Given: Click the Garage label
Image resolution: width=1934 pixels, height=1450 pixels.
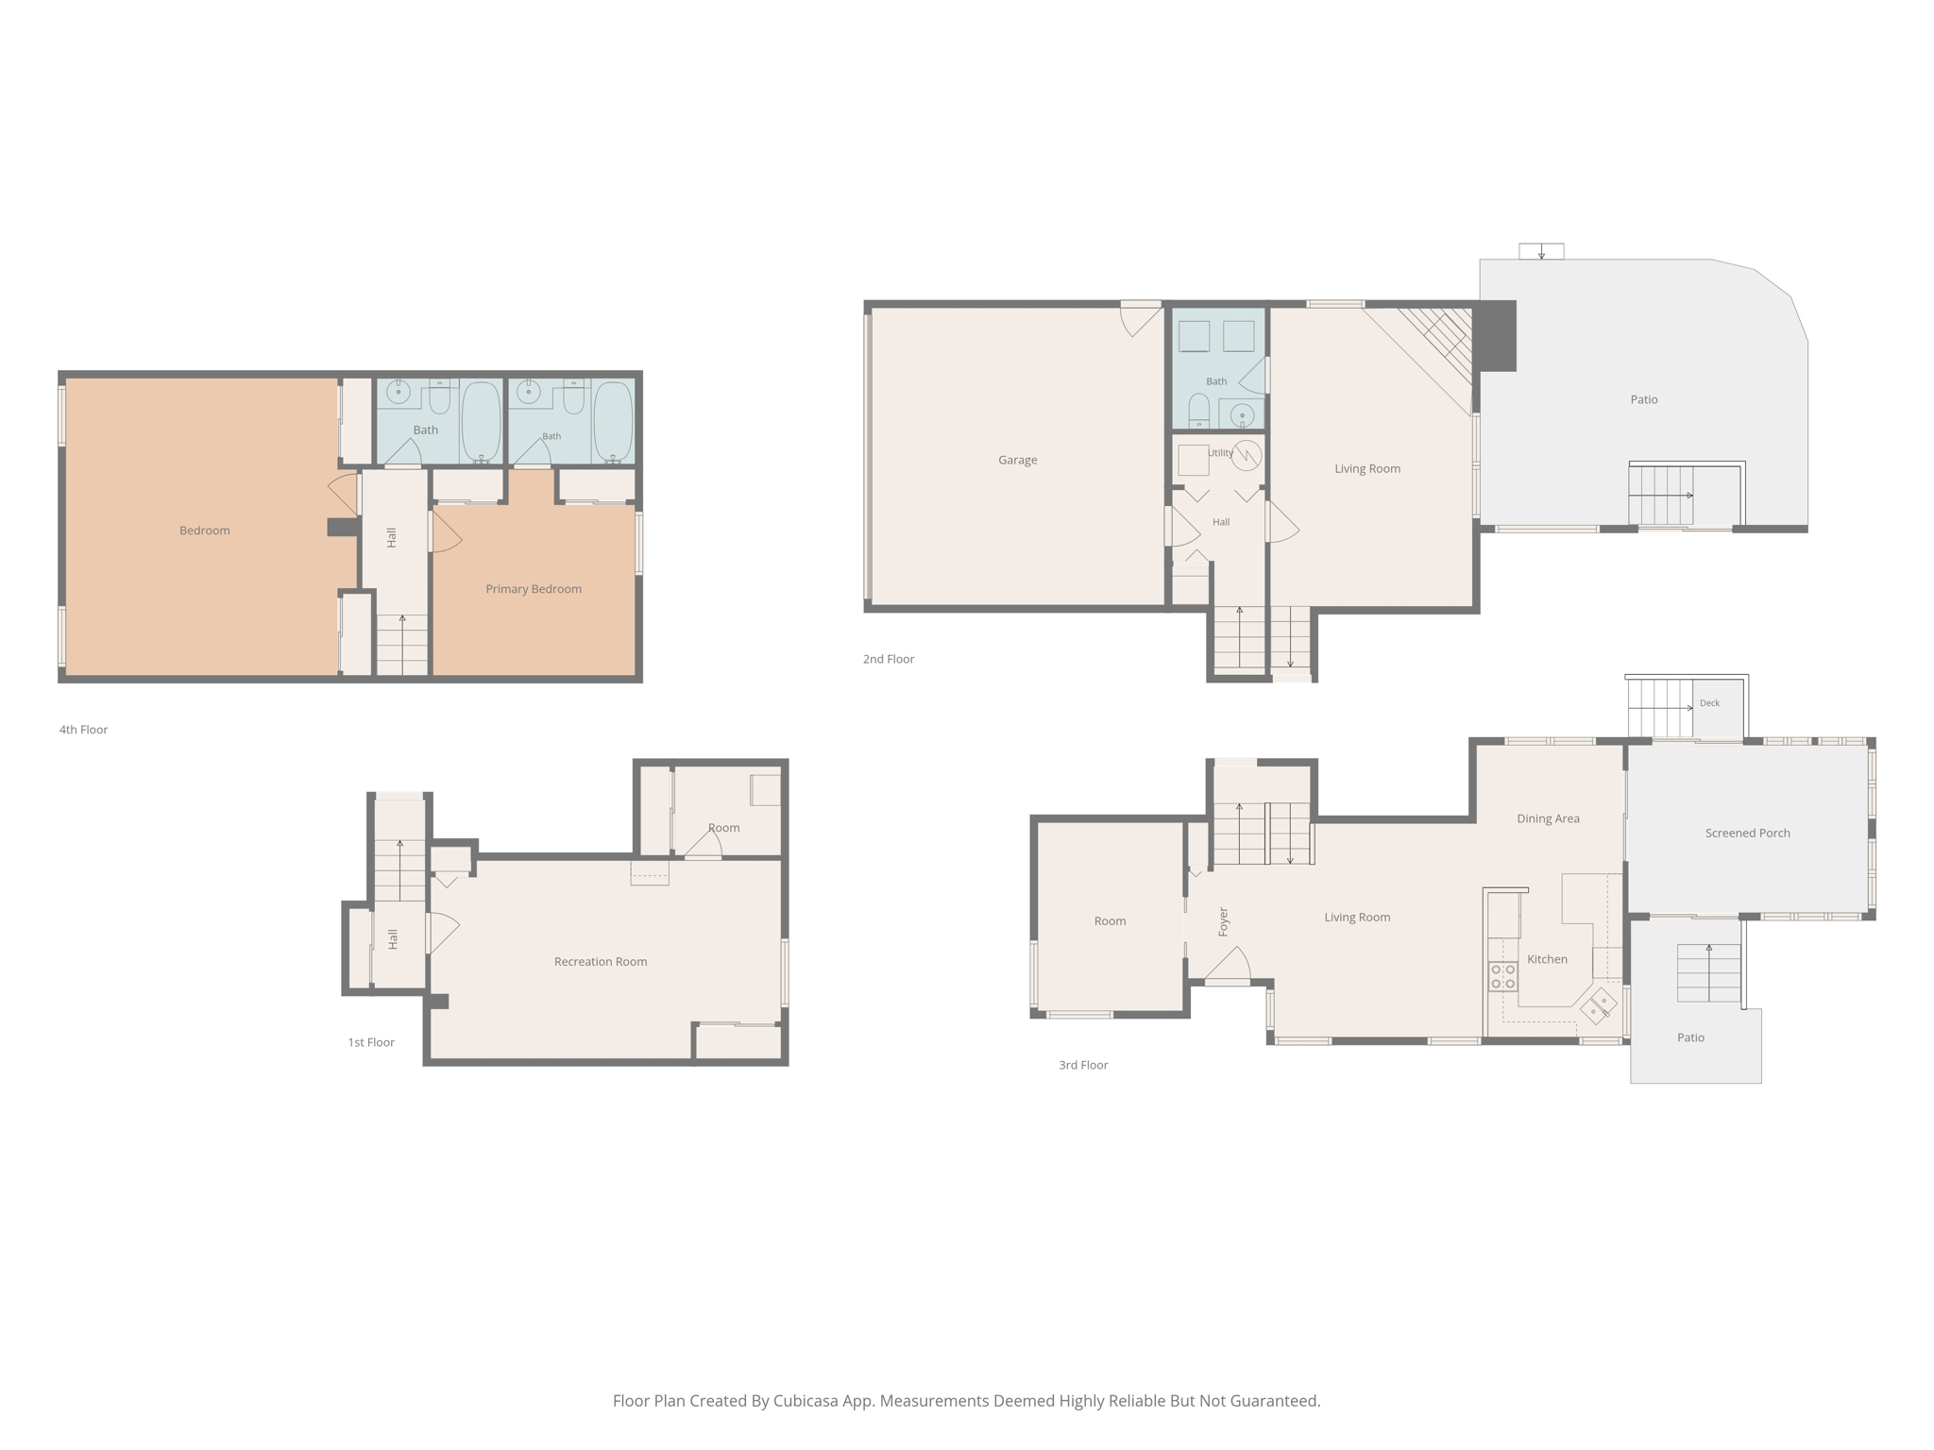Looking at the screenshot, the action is coord(1017,460).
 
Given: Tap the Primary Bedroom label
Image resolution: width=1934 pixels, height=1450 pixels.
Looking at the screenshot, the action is coord(534,589).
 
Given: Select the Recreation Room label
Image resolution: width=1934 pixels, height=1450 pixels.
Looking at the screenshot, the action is coord(601,962).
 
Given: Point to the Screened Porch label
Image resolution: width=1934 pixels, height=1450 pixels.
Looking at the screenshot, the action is coord(1747,833).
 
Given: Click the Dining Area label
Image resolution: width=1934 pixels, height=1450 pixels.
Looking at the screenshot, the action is coord(1548,818).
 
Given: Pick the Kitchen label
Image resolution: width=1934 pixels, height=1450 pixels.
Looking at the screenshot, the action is coord(1547,959).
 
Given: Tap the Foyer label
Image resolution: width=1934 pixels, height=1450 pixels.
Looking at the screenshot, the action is coord(1223,921).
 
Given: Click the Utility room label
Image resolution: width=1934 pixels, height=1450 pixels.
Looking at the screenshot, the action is coord(1220,453).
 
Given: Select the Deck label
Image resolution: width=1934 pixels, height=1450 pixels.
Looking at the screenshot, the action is coord(1709,703).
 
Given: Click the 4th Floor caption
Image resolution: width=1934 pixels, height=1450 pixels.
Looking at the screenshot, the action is coord(83,730).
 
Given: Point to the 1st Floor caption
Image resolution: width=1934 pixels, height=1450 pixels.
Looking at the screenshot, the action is coord(371,1042).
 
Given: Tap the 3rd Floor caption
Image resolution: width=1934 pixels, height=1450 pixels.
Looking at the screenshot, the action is coord(1083,1065).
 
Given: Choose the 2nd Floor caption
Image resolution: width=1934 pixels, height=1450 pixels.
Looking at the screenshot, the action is coord(889,659).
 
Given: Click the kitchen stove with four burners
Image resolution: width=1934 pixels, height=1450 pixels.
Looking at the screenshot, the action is coord(1502,976).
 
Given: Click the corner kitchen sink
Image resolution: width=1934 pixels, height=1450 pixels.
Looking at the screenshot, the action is coord(1599,1005).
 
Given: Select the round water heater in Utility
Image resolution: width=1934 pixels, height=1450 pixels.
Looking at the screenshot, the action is coord(1247,455).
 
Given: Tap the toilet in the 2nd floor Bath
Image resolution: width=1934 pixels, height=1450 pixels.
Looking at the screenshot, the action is coord(1198,411).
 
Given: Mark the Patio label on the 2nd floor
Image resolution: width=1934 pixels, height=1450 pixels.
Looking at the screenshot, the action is coord(1644,399).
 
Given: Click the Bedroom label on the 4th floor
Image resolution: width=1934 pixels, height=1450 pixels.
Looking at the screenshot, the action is coord(205,531).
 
